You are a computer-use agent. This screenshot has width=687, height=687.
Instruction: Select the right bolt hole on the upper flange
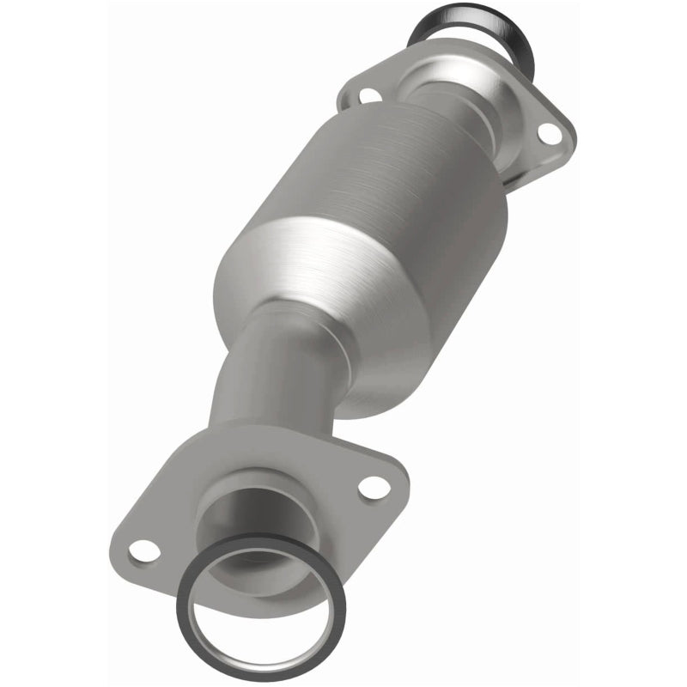[x=547, y=133]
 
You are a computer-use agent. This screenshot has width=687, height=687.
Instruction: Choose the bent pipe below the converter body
[x=266, y=378]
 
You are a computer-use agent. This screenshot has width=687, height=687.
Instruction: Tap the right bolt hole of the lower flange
[x=375, y=487]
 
